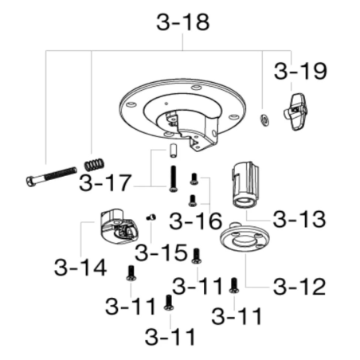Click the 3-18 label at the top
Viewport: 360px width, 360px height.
pyautogui.click(x=183, y=22)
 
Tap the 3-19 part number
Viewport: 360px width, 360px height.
pyautogui.click(x=300, y=71)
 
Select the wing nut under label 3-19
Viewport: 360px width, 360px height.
pyautogui.click(x=295, y=112)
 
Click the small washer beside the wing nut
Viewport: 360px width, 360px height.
pyautogui.click(x=264, y=119)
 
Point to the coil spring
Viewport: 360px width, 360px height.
pyautogui.click(x=94, y=165)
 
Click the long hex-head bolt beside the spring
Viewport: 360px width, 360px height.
pyautogui.click(x=52, y=176)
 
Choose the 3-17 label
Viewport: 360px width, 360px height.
pyautogui.click(x=105, y=182)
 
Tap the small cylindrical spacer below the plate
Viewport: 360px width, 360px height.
pyautogui.click(x=173, y=151)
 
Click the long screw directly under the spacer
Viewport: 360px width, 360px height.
pyautogui.click(x=173, y=178)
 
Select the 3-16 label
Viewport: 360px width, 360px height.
pyautogui.click(x=195, y=221)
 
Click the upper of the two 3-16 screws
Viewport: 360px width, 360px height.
pyautogui.click(x=194, y=178)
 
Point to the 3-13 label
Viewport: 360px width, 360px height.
pyautogui.click(x=299, y=219)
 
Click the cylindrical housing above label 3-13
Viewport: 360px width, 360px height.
pyautogui.click(x=245, y=185)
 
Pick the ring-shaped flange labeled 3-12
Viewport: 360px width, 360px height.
pyautogui.click(x=245, y=237)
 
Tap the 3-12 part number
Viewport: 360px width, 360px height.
pyautogui.click(x=299, y=287)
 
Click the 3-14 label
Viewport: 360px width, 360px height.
pyautogui.click(x=80, y=267)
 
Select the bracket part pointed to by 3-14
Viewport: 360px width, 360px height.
pyautogui.click(x=119, y=226)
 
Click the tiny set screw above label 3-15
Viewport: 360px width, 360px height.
pyautogui.click(x=151, y=217)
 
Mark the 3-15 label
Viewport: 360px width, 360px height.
pyautogui.click(x=161, y=252)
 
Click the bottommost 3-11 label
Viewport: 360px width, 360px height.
pyautogui.click(x=170, y=337)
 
